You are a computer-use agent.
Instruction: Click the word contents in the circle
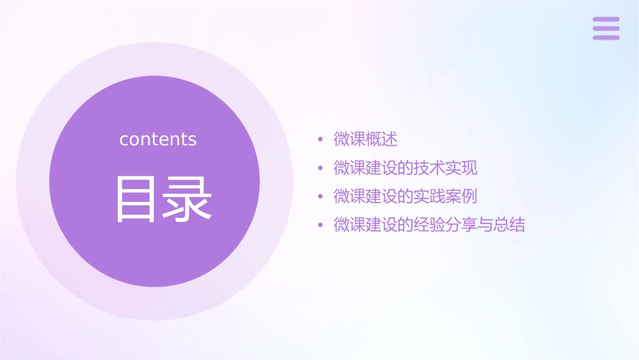click(158, 139)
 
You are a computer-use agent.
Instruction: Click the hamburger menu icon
click(606, 28)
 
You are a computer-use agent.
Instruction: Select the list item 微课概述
click(365, 139)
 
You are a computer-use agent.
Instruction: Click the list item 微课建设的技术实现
click(405, 168)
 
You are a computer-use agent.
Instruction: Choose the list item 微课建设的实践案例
click(405, 196)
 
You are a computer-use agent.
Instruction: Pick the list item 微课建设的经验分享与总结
click(428, 225)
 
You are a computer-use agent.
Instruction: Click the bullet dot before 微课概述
click(321, 140)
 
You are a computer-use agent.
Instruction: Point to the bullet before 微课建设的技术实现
click(321, 168)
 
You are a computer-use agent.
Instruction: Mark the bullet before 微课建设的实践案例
click(321, 197)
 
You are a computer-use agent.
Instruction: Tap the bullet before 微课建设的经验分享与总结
click(321, 225)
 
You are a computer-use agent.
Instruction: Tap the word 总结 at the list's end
click(509, 225)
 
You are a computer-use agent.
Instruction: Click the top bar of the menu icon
click(606, 20)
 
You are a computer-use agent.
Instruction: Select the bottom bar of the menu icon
click(606, 37)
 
